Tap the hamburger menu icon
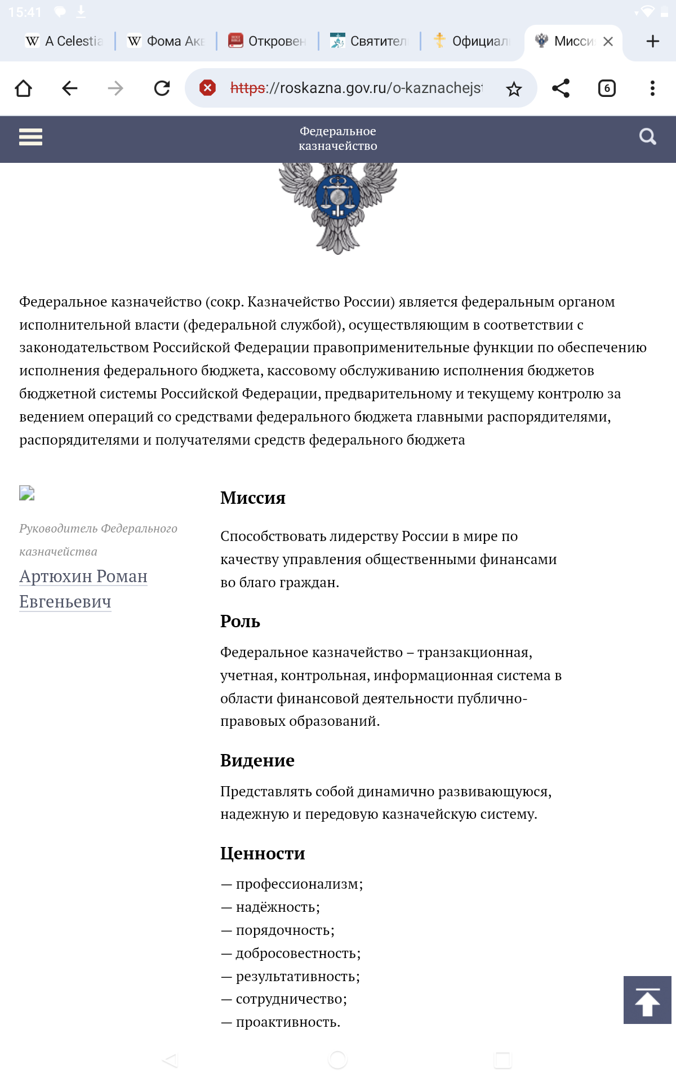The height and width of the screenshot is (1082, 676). click(30, 137)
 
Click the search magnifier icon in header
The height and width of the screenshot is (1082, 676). click(647, 136)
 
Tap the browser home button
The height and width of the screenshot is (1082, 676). click(24, 88)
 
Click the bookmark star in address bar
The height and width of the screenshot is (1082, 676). click(514, 89)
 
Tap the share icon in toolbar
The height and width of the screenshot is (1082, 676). click(561, 88)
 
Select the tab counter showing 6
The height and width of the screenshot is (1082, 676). click(607, 88)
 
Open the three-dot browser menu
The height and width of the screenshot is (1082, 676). click(652, 88)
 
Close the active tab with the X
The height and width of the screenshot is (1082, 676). click(608, 42)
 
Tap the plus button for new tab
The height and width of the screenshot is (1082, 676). click(652, 42)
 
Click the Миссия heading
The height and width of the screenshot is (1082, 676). click(253, 498)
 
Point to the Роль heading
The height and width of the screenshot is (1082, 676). click(240, 621)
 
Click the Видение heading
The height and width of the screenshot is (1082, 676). click(257, 760)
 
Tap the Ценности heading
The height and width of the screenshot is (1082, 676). click(263, 853)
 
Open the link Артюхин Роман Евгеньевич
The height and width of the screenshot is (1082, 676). click(83, 589)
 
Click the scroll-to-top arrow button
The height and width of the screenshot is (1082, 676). click(647, 1000)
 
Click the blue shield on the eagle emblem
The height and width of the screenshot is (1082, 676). click(337, 197)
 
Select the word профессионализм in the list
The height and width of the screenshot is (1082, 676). click(299, 884)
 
